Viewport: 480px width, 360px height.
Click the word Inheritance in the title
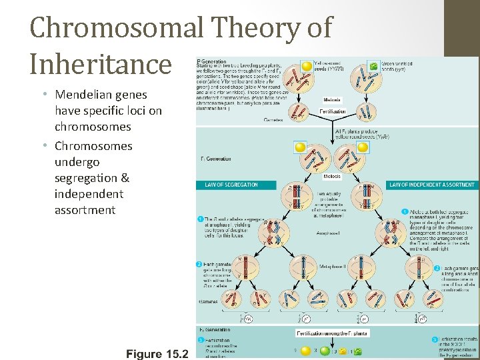(x=101, y=64)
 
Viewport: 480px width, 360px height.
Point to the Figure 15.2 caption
(x=157, y=353)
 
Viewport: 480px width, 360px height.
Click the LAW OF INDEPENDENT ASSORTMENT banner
(x=432, y=185)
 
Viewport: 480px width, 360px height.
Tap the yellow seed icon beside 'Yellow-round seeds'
(x=306, y=66)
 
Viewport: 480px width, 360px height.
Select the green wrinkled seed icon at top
(x=373, y=67)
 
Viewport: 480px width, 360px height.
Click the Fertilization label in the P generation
(x=332, y=111)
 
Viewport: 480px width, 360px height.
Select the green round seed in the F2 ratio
(x=323, y=349)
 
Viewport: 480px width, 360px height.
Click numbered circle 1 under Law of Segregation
(x=200, y=219)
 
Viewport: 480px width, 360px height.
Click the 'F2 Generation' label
(x=215, y=330)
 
